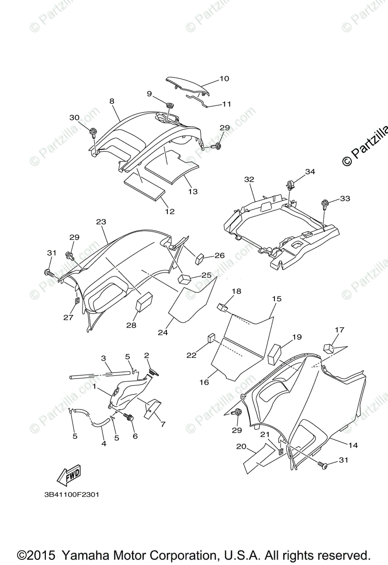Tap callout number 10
tap(224, 79)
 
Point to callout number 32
tap(249, 179)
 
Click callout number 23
tap(101, 222)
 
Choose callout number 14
tap(353, 445)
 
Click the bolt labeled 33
tap(325, 203)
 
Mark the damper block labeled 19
tap(274, 354)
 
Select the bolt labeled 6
tap(130, 416)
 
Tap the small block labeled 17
tap(329, 348)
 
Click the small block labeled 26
tap(199, 258)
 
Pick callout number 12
tap(170, 211)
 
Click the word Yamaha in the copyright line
tap(86, 555)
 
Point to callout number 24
tap(163, 332)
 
